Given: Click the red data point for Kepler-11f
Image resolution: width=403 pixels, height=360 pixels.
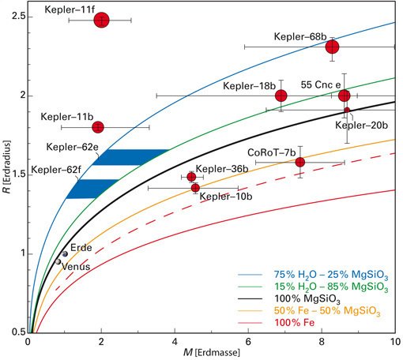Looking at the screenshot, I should pyautogui.click(x=101, y=20).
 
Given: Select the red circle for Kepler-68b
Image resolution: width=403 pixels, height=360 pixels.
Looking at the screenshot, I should pyautogui.click(x=333, y=47).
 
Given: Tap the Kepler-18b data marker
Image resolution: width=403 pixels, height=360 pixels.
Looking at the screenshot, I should pyautogui.click(x=281, y=96).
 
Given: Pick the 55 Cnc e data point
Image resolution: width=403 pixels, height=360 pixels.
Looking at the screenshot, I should pyautogui.click(x=345, y=96).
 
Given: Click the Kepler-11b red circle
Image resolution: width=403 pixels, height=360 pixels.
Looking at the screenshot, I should pyautogui.click(x=98, y=127).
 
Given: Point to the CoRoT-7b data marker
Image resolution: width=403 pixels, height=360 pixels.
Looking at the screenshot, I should pyautogui.click(x=300, y=163).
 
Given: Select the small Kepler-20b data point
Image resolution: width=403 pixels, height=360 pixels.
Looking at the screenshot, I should pyautogui.click(x=347, y=110).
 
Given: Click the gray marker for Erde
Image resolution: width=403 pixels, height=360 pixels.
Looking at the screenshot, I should pyautogui.click(x=64, y=254).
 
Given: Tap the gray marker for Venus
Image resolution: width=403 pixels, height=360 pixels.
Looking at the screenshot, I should pyautogui.click(x=58, y=261).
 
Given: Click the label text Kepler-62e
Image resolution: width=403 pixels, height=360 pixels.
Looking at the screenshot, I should pyautogui.click(x=72, y=147).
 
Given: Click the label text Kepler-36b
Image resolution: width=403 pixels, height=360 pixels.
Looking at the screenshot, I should pyautogui.click(x=222, y=169).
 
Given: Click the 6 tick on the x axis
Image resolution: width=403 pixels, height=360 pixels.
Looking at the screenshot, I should pyautogui.click(x=248, y=340).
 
